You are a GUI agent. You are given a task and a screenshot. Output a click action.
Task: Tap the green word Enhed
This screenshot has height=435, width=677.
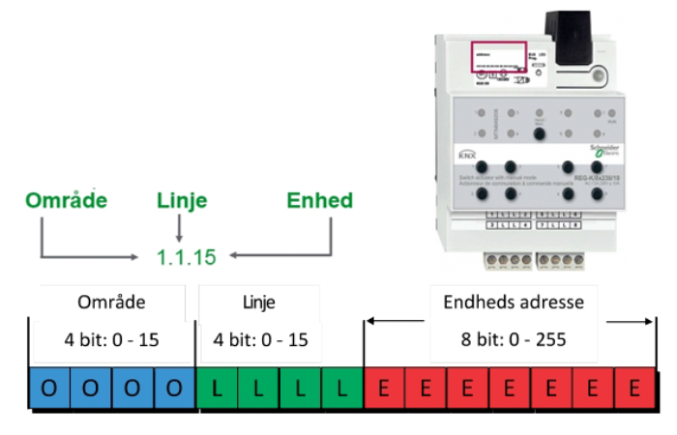[x=319, y=200]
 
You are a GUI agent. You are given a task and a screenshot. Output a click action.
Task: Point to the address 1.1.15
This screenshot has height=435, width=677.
[x=186, y=258]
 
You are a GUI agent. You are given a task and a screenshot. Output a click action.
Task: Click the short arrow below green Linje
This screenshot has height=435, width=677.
[x=179, y=229]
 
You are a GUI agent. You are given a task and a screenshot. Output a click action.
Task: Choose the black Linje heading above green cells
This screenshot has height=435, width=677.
[x=259, y=303]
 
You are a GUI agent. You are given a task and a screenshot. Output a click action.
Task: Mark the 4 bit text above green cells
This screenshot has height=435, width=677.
[x=260, y=340]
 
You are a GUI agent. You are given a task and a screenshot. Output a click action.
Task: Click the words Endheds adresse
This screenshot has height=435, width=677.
[x=513, y=303]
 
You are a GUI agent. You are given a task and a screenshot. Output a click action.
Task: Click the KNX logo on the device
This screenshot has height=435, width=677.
[x=468, y=154]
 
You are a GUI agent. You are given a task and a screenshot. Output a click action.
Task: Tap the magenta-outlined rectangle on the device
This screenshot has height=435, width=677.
[x=498, y=56]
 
